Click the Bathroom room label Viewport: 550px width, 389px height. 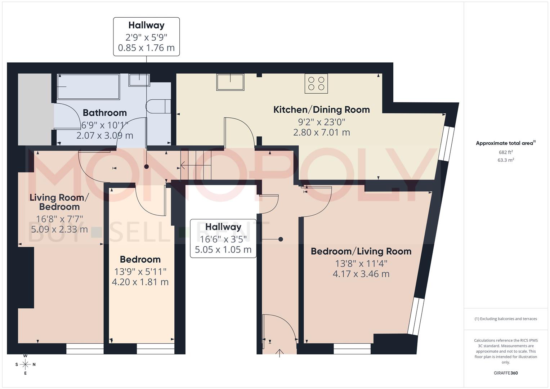[104, 113]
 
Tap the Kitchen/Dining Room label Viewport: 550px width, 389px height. [321, 109]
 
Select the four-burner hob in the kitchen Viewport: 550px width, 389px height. [316, 84]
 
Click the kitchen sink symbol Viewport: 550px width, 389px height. [230, 82]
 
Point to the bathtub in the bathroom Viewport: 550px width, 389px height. [88, 87]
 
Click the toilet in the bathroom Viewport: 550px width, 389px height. [158, 106]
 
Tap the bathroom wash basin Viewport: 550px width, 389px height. [139, 80]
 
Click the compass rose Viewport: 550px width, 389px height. [25, 365]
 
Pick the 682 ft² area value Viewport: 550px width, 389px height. [505, 152]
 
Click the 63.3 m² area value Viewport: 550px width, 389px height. [505, 160]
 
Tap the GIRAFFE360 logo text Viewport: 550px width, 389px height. [505, 373]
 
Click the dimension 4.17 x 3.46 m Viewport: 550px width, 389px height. [361, 274]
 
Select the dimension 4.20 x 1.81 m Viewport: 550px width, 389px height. [140, 282]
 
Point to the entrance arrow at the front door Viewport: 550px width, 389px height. [280, 353]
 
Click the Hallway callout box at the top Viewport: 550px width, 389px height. [146, 36]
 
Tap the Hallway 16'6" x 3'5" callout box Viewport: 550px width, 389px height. [223, 238]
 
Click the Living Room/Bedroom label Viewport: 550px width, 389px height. [59, 202]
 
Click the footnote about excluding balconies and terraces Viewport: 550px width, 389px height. [505, 319]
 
